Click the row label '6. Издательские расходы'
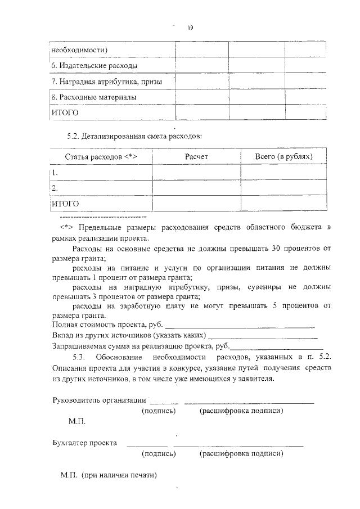pos(94,66)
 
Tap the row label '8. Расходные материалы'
pos(94,97)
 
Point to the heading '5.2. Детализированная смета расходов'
pos(134,136)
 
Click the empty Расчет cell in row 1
pos(196,173)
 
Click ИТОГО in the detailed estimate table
pos(65,203)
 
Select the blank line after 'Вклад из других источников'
pos(264,336)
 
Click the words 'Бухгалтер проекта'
pos(84,443)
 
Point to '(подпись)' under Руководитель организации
pos(159,411)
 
